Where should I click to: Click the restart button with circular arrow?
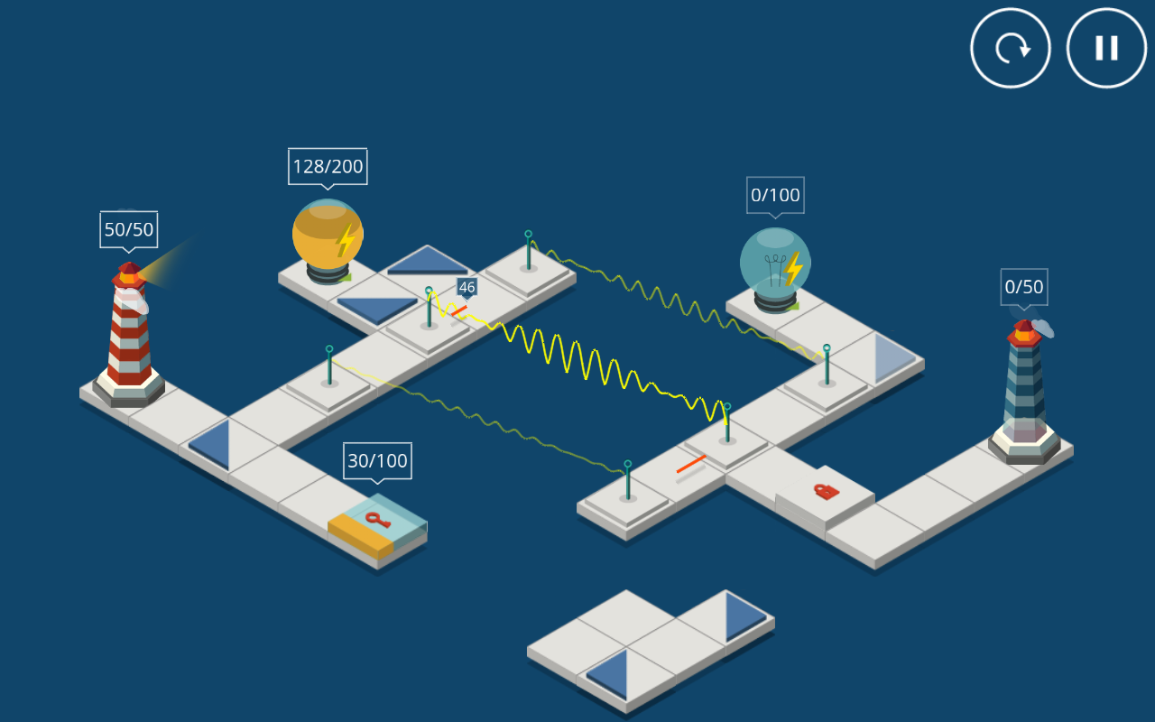[x=1011, y=48]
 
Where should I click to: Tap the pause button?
[x=1106, y=48]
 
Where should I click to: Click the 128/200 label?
[x=328, y=166]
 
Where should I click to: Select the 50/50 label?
[x=128, y=229]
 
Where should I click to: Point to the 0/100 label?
[x=775, y=195]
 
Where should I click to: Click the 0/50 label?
[x=1024, y=287]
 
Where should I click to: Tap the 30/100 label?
[x=377, y=460]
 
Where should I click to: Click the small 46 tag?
[x=467, y=287]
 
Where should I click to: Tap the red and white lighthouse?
[x=129, y=334]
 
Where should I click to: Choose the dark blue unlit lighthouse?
[x=1024, y=388]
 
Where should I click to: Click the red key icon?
[x=377, y=519]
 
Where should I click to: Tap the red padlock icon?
[x=826, y=491]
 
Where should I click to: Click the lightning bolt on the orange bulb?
[x=346, y=240]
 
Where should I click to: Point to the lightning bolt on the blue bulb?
[x=793, y=269]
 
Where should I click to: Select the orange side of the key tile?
[x=359, y=534]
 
